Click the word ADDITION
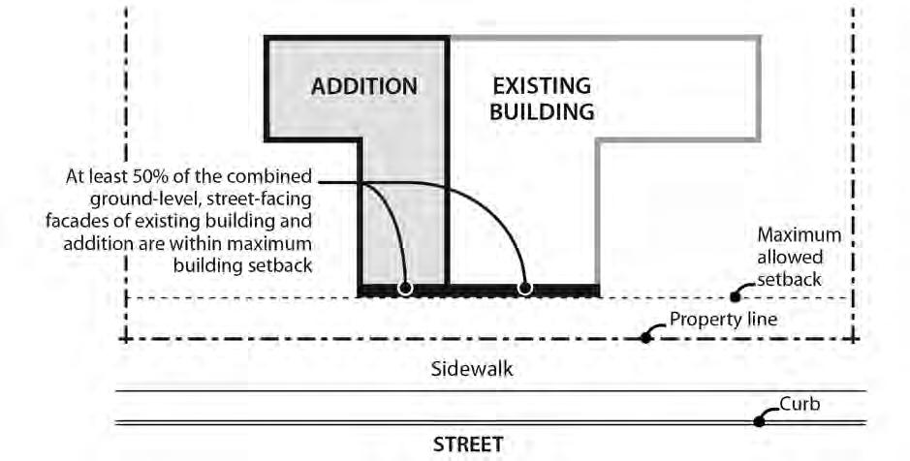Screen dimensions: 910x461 (x=363, y=86)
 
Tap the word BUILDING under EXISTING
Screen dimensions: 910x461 (x=541, y=112)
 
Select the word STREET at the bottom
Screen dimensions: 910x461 (x=468, y=446)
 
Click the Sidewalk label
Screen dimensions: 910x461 (x=472, y=369)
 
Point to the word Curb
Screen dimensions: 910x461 (x=800, y=401)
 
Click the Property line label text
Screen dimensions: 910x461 (x=723, y=319)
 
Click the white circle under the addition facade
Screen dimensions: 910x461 (x=405, y=288)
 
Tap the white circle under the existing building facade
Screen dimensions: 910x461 (x=525, y=288)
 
